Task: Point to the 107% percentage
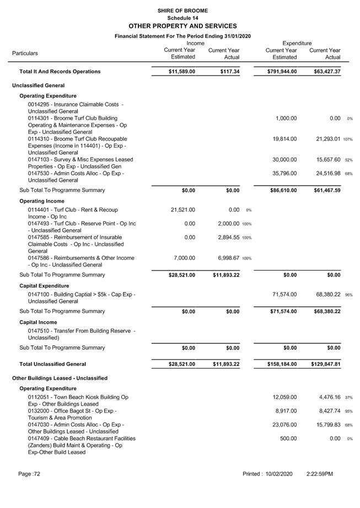[348, 139]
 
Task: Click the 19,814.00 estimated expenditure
[284, 139]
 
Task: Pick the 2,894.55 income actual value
[224, 237]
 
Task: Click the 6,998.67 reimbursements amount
[224, 258]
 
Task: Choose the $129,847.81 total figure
[321, 364]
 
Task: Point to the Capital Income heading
[38, 322]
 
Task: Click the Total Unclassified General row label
[52, 364]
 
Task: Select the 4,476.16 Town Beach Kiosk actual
[326, 397]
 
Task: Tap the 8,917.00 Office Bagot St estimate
[286, 411]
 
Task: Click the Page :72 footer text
[29, 474]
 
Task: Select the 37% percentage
[348, 398]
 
